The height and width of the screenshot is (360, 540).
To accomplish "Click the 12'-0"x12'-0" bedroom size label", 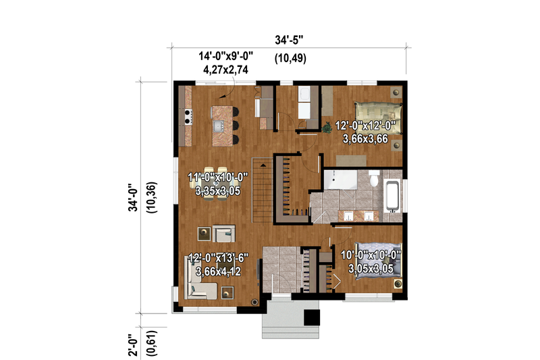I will (x=369, y=125).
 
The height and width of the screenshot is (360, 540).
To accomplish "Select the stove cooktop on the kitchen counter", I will (x=187, y=117).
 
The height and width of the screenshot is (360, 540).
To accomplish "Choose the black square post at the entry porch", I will (x=311, y=317).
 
